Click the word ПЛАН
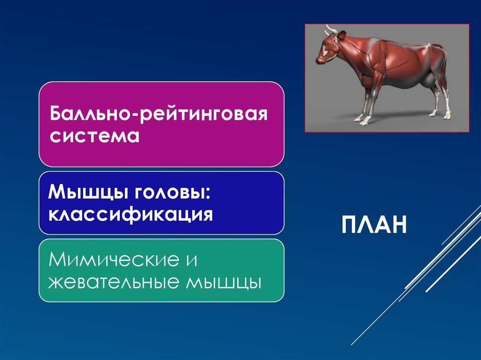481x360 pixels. pyautogui.click(x=373, y=226)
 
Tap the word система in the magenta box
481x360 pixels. pyautogui.click(x=95, y=137)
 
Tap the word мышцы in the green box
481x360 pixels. pyautogui.click(x=224, y=283)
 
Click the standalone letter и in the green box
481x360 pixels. pyautogui.click(x=190, y=260)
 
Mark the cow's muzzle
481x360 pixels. pyautogui.click(x=320, y=59)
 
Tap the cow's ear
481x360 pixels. pyautogui.click(x=342, y=36)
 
